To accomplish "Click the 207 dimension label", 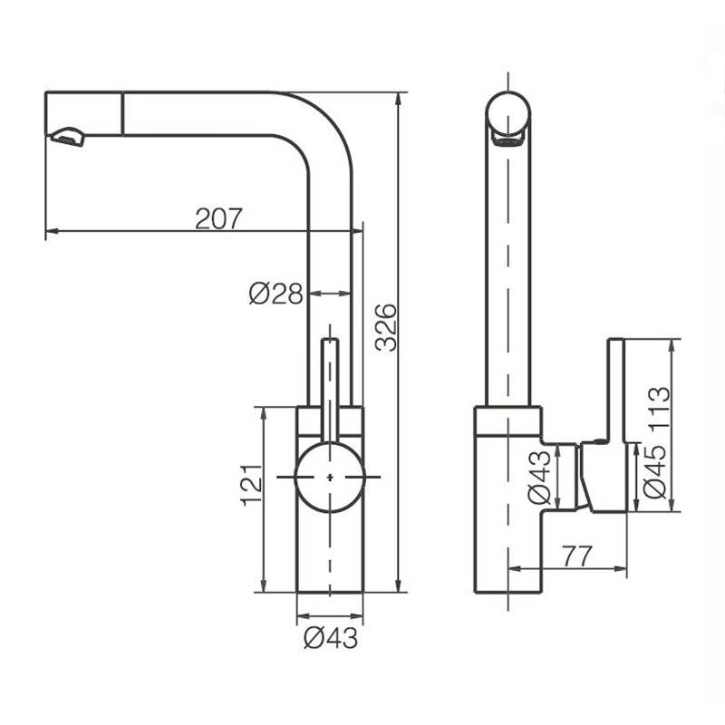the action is [218, 218].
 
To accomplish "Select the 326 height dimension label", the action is [386, 327].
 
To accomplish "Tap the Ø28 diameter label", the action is [276, 293].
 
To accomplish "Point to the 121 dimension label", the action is [252, 485].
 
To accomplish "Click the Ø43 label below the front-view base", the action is [331, 638].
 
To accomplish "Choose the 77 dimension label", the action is [577, 556].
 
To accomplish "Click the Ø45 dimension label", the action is [654, 471].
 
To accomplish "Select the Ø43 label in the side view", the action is [539, 478].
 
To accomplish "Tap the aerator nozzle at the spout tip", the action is [69, 137].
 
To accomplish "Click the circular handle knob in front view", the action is [330, 477].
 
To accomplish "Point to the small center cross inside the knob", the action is [330, 477].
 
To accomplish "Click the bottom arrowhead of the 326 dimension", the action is [399, 585].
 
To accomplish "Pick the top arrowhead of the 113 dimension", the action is [672, 345].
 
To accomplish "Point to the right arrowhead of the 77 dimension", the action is [621, 568].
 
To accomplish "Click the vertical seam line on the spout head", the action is [122, 114].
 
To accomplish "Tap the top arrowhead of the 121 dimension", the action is [264, 413].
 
